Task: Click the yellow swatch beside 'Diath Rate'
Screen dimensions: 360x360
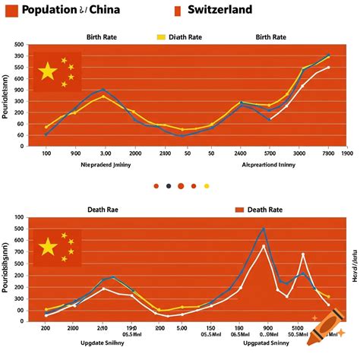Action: tap(160, 36)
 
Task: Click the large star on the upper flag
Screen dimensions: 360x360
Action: tap(48, 71)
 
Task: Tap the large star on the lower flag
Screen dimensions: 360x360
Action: tap(48, 247)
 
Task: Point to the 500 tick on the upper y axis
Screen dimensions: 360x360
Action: tap(19, 45)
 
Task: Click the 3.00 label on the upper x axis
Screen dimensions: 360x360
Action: tap(106, 153)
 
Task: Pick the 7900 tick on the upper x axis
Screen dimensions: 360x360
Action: tap(328, 153)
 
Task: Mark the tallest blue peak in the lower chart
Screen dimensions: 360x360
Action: tap(264, 229)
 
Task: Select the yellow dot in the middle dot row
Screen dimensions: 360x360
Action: tap(207, 185)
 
